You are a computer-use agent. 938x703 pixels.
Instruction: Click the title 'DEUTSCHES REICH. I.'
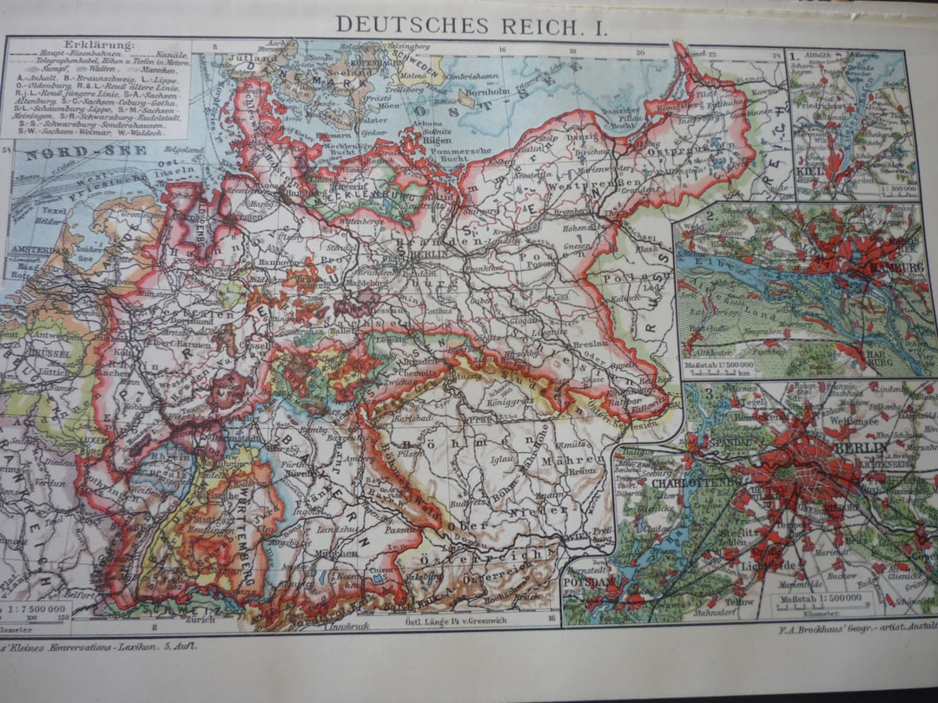472,24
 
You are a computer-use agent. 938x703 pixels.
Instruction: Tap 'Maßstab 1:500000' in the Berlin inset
817,598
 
